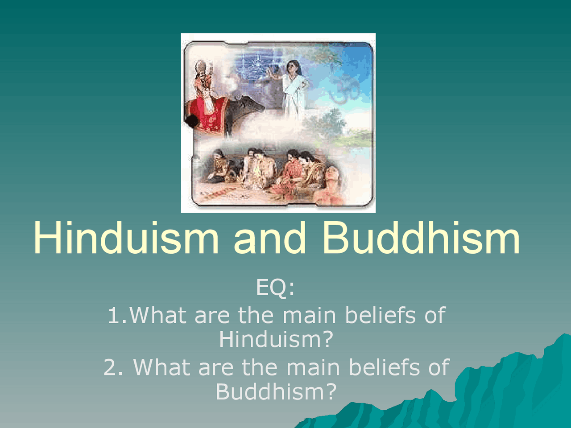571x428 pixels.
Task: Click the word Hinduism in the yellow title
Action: click(126, 238)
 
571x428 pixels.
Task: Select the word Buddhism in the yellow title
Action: click(421, 238)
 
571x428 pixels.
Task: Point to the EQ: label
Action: click(276, 288)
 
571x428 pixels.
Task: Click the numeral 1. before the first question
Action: click(118, 315)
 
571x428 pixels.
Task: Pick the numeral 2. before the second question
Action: click(113, 367)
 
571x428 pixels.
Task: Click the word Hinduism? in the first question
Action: click(276, 339)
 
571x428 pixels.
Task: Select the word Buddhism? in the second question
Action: click(276, 391)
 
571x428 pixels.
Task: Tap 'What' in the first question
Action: click(158, 315)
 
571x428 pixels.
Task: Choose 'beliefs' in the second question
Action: click(384, 367)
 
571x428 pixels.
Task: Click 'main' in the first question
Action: click(309, 315)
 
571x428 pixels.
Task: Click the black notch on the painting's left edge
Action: click(192, 121)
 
